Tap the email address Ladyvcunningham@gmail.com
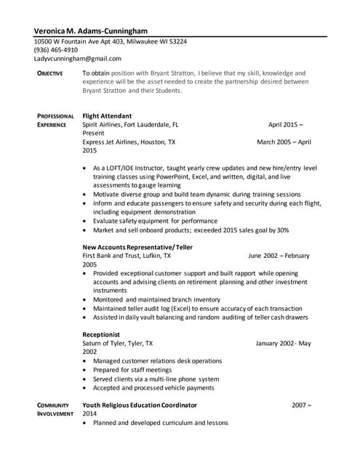click(x=78, y=58)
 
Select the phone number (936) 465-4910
click(x=56, y=50)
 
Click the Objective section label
click(x=50, y=73)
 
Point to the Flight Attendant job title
click(x=107, y=116)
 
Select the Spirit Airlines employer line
click(x=131, y=124)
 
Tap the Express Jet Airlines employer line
click(x=129, y=142)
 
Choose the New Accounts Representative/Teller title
click(x=138, y=247)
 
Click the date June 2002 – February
click(x=279, y=256)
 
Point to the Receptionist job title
click(x=102, y=334)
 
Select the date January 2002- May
click(x=284, y=343)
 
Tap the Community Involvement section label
click(x=54, y=409)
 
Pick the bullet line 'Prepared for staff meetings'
click(x=136, y=370)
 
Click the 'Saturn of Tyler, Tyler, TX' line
click(x=118, y=343)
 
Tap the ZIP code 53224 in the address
click(x=177, y=41)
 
